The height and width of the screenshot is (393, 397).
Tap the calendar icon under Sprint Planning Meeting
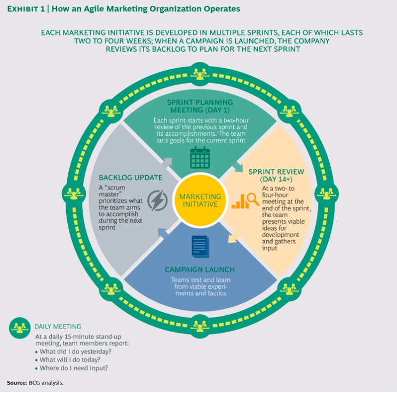[200, 158]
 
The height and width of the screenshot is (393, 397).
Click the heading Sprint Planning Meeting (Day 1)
[200, 107]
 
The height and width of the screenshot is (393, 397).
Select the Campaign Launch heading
[200, 269]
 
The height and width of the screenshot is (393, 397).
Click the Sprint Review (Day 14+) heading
[276, 176]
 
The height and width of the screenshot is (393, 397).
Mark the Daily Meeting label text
[58, 326]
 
